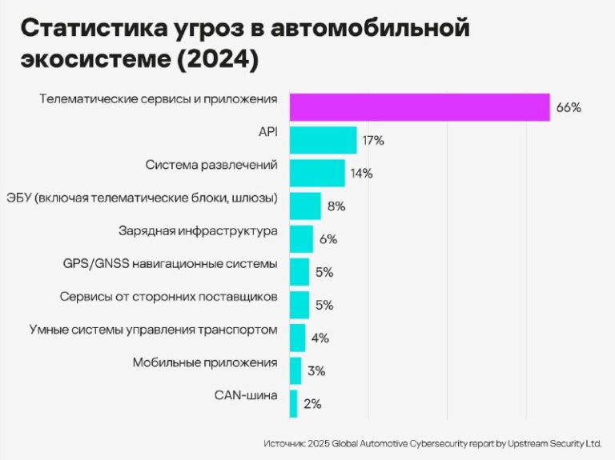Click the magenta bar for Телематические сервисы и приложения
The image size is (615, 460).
pos(419,107)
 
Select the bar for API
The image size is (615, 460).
pos(323,140)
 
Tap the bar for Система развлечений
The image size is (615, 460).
pos(317,173)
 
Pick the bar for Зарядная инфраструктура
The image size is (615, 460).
pos(301,238)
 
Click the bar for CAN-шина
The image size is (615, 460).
pos(293,403)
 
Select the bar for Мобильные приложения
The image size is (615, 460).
pos(295,370)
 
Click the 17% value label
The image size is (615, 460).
pos(373,141)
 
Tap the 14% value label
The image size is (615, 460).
pos(361,174)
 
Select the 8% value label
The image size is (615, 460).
pos(336,206)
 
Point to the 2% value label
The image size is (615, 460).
pos(312,404)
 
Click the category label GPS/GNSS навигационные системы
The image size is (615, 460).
pos(170,263)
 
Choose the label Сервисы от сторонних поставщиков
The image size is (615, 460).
pos(168,296)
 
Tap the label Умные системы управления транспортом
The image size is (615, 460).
pos(153,329)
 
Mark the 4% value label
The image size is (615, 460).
pos(320,338)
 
